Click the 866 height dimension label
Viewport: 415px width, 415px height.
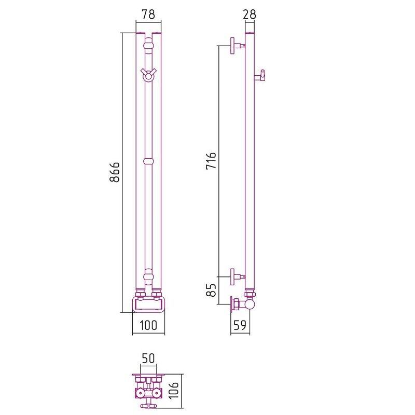pos(115,172)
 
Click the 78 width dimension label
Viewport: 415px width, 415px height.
pos(148,15)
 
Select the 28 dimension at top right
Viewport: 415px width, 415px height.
pos(250,15)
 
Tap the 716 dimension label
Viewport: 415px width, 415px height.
pos(211,160)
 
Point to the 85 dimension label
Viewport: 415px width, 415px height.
pos(211,290)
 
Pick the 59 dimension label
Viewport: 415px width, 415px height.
pos(240,325)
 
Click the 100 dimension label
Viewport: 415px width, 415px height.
pos(148,325)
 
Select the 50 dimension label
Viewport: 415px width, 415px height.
pos(148,358)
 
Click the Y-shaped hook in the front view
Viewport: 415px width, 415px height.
pos(148,74)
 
